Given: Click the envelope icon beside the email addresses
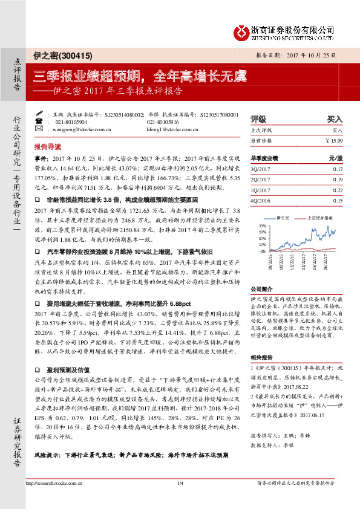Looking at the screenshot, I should click(40, 129).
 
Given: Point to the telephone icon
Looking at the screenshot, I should click(40, 122).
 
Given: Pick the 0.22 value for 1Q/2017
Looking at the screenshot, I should click(338, 190).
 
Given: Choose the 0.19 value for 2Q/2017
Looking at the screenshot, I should click(338, 180).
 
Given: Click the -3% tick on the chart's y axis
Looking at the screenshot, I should click(262, 250).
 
